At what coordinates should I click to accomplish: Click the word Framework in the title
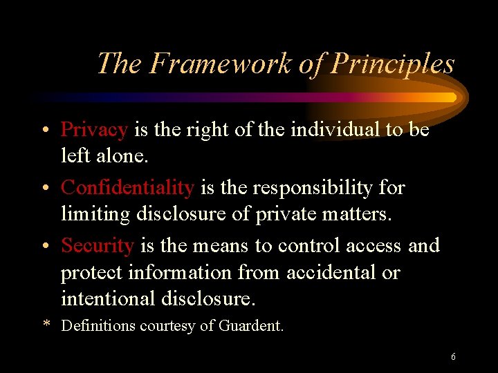pos(221,64)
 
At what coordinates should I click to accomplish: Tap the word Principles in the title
pos(394,64)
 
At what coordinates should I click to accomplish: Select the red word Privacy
pos(94,130)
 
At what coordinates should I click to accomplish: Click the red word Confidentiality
pos(127,187)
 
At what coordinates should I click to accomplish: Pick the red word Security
pos(98,245)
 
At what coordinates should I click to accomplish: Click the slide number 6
pos(453,357)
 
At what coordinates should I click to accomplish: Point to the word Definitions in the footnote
pos(99,325)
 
